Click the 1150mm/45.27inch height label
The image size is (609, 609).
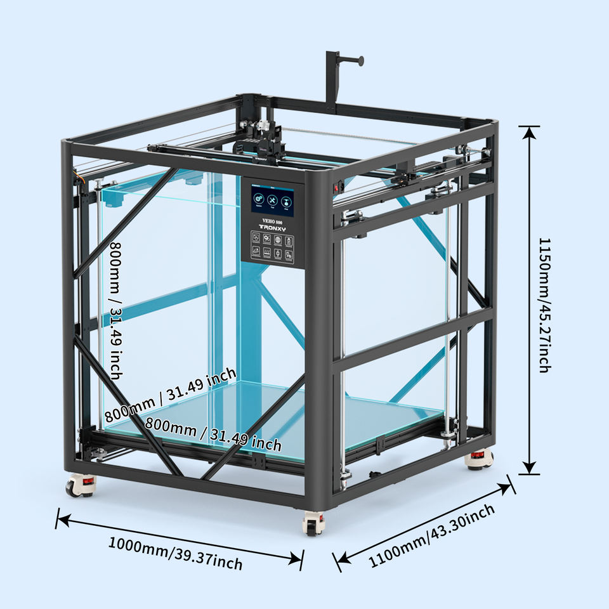(544, 304)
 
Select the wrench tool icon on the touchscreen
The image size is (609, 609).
(273, 199)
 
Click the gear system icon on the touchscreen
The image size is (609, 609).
(259, 199)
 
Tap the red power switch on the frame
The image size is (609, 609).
(337, 188)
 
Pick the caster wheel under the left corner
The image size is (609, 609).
(80, 485)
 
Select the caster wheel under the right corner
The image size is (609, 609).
(478, 459)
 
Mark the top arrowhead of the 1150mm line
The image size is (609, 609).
(529, 129)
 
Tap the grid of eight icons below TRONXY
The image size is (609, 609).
(272, 247)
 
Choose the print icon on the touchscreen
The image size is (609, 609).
(287, 199)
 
